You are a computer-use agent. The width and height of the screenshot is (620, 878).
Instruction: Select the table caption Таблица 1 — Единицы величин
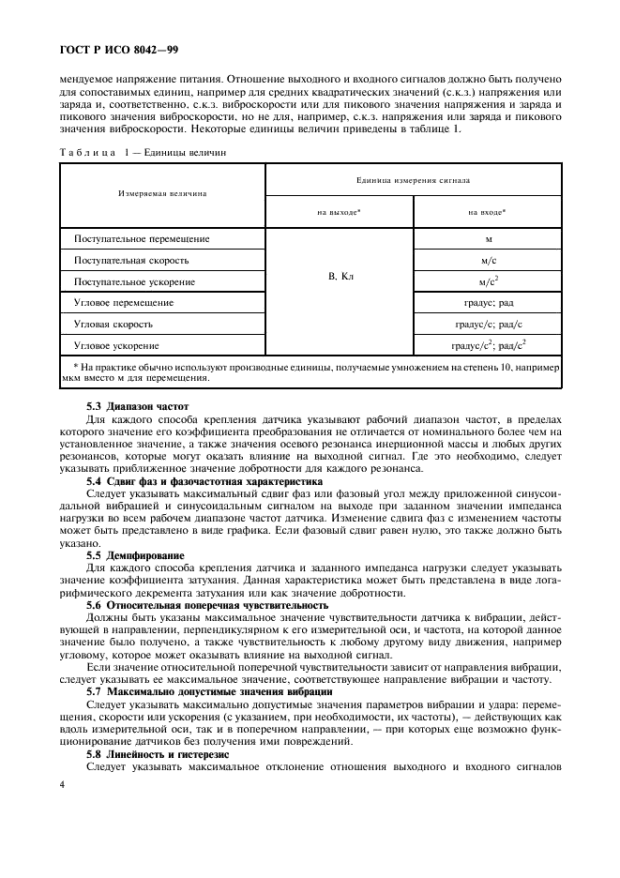tap(144, 151)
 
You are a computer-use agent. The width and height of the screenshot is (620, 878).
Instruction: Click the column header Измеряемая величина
tap(162, 194)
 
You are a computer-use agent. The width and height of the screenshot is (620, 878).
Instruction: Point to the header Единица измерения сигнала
tap(413, 177)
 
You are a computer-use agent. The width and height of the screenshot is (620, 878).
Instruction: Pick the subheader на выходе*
tap(339, 212)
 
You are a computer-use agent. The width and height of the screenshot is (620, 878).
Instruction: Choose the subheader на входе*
tap(487, 212)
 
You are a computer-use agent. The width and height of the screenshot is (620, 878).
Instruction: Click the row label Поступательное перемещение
tap(142, 238)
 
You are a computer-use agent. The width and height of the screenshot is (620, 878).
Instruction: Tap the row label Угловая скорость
tap(116, 324)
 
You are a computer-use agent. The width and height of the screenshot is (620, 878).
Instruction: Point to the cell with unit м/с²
tap(488, 280)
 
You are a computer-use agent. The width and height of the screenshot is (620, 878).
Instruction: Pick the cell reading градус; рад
tap(488, 302)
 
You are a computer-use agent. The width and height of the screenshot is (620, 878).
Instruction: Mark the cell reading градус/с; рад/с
tap(488, 324)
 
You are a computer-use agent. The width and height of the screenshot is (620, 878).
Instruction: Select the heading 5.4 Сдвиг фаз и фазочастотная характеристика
tap(199, 479)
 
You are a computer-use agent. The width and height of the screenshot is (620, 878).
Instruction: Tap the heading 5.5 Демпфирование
tap(136, 554)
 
